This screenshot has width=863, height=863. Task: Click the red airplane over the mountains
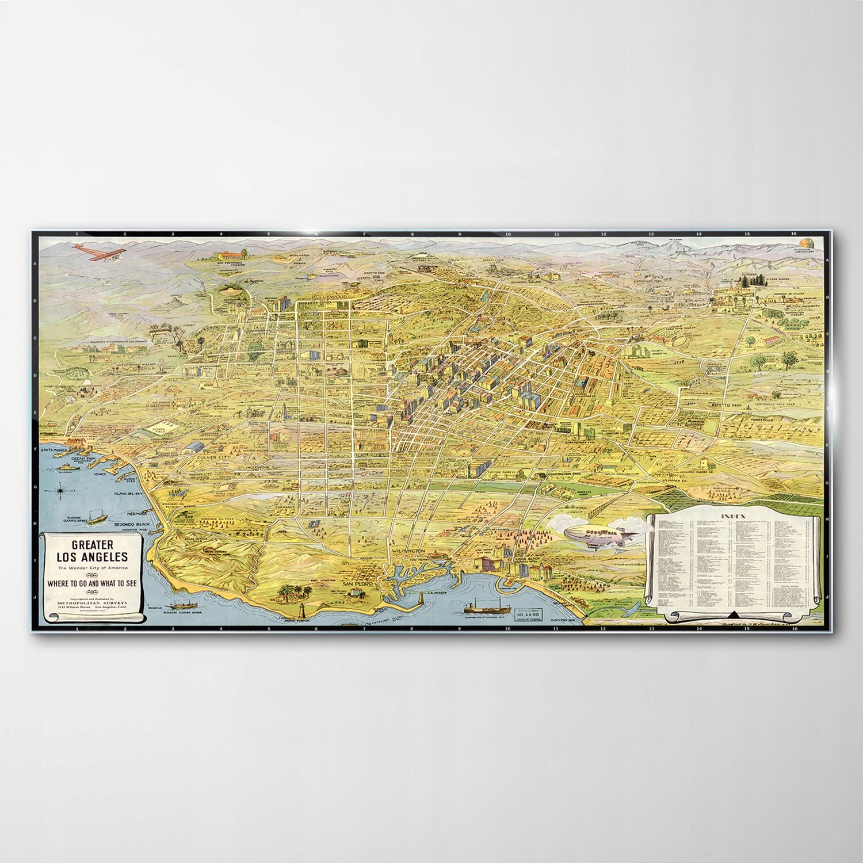click(95, 252)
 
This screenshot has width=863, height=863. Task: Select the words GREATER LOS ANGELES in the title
click(91, 550)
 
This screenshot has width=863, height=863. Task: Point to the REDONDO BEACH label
click(132, 525)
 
